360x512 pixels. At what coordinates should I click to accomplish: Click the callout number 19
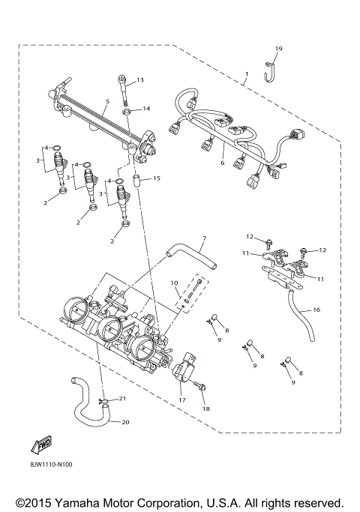(278, 49)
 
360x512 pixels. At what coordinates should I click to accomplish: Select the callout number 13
(139, 79)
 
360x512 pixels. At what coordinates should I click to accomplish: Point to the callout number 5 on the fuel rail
(108, 100)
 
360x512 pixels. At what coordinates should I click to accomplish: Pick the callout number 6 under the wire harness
(222, 163)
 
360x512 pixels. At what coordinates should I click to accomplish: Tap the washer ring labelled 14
(128, 113)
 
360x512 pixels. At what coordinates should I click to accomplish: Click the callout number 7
(174, 283)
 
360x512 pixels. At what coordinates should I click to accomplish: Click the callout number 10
(174, 283)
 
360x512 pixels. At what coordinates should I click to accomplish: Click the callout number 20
(124, 421)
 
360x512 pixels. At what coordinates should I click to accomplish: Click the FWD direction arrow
(41, 448)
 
